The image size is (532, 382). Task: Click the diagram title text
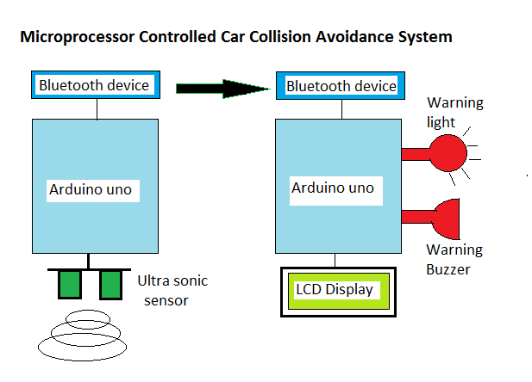235,38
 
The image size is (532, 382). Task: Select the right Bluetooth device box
340,86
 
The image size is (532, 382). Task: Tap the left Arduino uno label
91,189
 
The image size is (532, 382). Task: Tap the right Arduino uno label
333,188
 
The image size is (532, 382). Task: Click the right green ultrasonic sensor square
110,285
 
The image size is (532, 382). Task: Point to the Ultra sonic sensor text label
172,291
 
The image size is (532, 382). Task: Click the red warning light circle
448,153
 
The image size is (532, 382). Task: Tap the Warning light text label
455,113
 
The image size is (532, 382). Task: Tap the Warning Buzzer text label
455,259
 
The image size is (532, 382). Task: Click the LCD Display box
335,290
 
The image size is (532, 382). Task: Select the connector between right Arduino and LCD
335,259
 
